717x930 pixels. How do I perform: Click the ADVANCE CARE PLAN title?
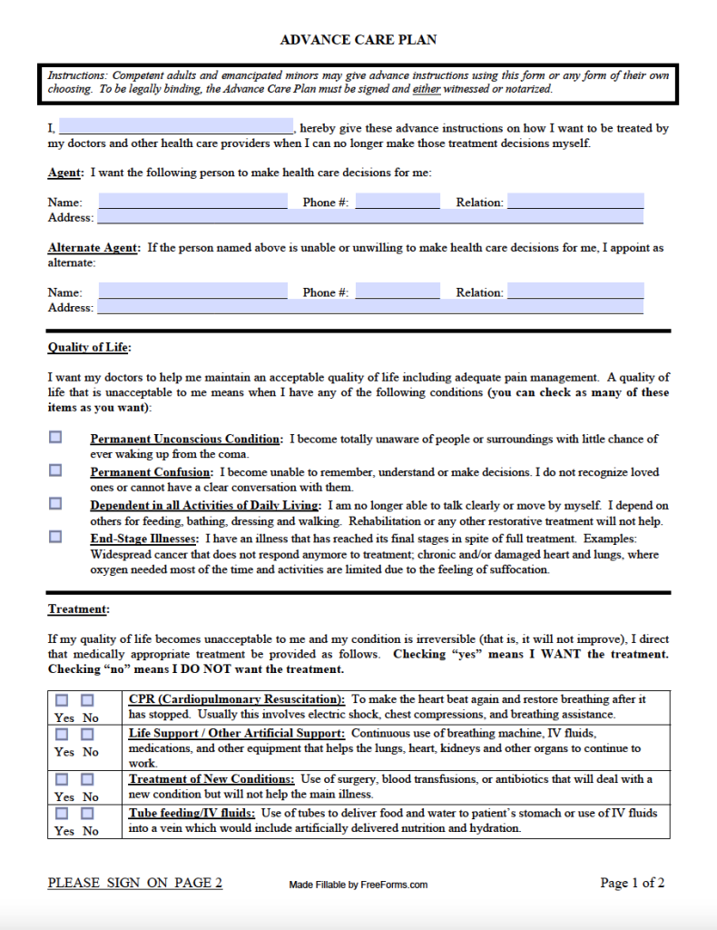click(358, 40)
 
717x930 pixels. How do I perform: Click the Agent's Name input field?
click(192, 202)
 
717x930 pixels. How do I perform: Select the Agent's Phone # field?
click(398, 202)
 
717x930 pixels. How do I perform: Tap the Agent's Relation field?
click(575, 202)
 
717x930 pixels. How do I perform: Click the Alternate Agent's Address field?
click(370, 307)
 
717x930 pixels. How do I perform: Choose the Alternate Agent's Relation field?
click(575, 292)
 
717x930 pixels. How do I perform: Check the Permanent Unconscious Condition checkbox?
click(56, 437)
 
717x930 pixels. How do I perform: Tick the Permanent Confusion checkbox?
click(56, 470)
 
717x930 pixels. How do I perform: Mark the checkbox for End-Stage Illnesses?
click(56, 537)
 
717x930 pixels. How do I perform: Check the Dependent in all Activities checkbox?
click(56, 503)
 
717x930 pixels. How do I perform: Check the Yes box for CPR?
click(62, 700)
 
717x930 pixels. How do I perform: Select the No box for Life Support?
click(87, 734)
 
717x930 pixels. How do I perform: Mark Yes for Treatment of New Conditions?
click(62, 779)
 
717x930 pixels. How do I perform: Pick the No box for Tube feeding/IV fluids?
click(87, 813)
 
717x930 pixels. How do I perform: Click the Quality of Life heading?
click(90, 348)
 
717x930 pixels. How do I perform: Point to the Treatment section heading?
click(78, 609)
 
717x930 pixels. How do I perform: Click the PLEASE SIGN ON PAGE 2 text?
click(134, 883)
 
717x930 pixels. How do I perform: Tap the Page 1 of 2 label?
click(632, 883)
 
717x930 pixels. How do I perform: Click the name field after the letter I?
click(175, 127)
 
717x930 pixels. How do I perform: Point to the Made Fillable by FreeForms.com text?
click(358, 885)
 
